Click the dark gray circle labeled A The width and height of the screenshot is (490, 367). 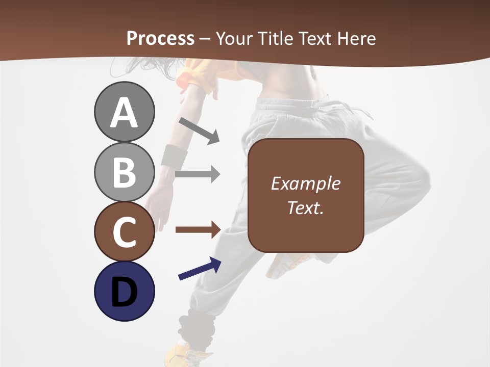(124, 112)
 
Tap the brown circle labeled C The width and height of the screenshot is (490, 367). (124, 231)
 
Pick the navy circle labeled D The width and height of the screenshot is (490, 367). (124, 291)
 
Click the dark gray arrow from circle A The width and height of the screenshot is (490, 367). (199, 130)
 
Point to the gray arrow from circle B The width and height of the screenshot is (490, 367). (198, 174)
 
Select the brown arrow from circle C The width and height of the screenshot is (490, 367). (198, 229)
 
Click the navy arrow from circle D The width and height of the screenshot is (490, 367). (200, 269)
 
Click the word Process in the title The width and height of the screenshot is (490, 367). (160, 38)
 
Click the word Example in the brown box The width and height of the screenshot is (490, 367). (305, 183)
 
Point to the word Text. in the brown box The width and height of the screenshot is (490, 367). (305, 208)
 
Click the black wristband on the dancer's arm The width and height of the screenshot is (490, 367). (174, 154)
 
